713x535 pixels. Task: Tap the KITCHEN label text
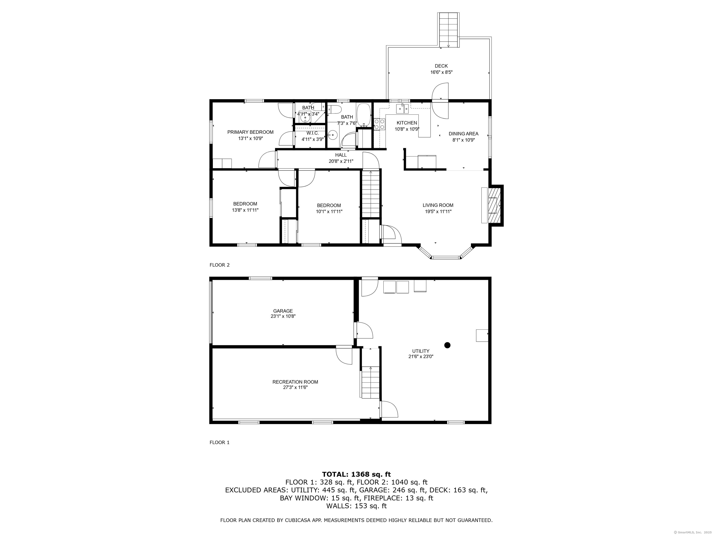coord(407,123)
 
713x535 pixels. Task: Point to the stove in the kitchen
coord(379,124)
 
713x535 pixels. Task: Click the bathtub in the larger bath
coord(364,115)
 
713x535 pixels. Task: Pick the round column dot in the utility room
coord(447,345)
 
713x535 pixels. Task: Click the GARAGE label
coord(283,311)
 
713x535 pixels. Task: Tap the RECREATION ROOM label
coord(295,382)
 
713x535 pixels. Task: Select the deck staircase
coord(448,30)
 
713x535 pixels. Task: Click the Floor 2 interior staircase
coord(371,194)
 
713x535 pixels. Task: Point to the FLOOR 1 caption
coord(220,442)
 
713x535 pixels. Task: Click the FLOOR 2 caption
coord(220,265)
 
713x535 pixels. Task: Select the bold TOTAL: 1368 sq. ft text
coord(356,474)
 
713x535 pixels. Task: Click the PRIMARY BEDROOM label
coord(250,132)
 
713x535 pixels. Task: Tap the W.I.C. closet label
coord(312,133)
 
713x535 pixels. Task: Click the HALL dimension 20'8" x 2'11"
coord(341,161)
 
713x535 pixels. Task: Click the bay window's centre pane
coord(446,257)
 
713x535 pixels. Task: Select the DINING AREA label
coord(463,134)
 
